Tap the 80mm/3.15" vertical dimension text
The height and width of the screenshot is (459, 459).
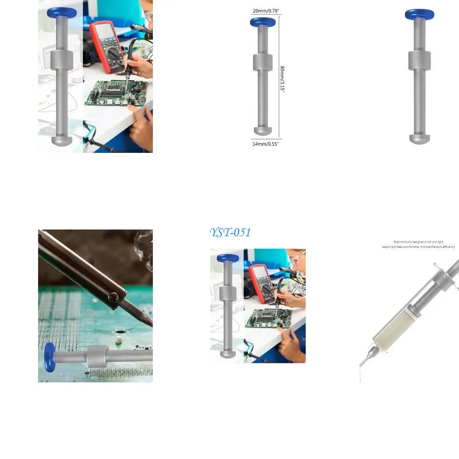click(282, 79)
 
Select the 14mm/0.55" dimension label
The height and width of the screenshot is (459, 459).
click(265, 144)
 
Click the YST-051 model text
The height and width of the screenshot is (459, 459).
click(230, 233)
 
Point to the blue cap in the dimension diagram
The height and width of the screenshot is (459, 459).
click(262, 22)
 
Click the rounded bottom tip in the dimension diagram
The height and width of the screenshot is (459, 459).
click(263, 131)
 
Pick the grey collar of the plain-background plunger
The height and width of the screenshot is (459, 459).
click(420, 61)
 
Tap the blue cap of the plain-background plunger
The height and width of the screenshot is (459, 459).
click(420, 14)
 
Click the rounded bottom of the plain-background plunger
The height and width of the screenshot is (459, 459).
click(420, 139)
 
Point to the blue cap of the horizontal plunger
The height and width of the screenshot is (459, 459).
click(50, 357)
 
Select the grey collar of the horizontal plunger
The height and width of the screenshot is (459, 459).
click(98, 357)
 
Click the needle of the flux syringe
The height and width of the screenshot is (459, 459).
click(365, 356)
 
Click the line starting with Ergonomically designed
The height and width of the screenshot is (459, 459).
click(418, 242)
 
